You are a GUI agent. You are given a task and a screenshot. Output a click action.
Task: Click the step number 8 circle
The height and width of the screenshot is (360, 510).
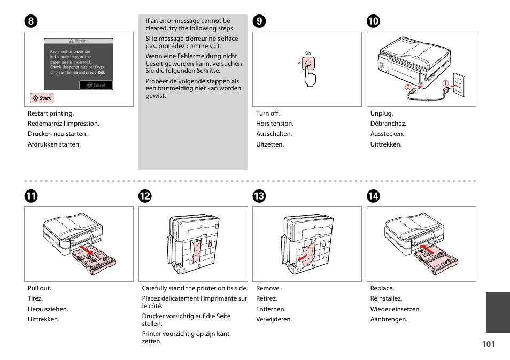[31, 21]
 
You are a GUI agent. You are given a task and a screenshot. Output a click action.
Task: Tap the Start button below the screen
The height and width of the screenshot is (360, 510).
[42, 98]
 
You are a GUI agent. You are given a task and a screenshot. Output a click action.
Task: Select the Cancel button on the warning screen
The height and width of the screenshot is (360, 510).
[96, 85]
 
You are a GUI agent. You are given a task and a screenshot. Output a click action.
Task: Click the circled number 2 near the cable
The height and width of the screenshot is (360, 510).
[407, 87]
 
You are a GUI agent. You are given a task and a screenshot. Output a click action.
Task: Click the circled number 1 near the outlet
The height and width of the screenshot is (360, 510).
[445, 82]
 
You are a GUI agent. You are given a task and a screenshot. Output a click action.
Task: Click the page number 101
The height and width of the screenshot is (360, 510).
[488, 344]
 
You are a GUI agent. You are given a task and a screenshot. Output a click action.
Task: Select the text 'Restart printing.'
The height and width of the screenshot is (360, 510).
[51, 113]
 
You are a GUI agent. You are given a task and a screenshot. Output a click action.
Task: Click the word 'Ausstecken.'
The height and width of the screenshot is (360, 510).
[387, 134]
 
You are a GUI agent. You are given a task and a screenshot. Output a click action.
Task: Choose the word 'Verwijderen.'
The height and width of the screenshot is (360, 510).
[274, 320]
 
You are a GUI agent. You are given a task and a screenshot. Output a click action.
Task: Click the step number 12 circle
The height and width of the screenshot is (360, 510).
[145, 196]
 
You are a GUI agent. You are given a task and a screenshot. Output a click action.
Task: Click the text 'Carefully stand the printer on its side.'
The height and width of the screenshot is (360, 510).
[195, 288]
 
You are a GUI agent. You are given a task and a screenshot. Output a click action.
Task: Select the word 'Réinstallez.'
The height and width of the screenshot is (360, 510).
[386, 299]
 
